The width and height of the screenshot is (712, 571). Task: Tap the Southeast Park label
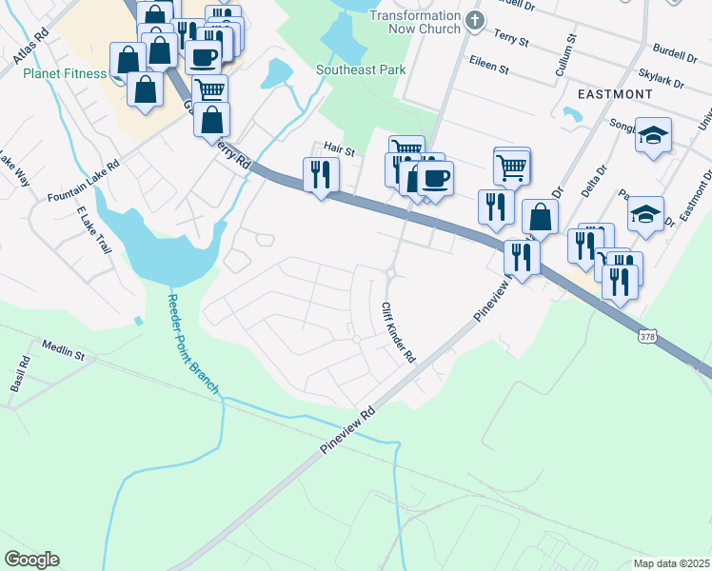361,69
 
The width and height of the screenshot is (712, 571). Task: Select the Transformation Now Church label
414,22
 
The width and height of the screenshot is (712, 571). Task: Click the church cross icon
475,20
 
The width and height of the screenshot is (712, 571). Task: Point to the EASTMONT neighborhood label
615,94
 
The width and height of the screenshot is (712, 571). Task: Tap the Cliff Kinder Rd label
398,333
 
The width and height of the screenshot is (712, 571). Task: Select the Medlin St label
64,350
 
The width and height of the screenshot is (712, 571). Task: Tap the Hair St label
339,149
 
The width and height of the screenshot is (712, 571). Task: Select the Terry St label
511,36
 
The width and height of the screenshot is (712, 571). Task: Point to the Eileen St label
490,69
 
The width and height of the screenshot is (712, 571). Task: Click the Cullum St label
563,56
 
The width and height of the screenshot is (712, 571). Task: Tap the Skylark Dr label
661,78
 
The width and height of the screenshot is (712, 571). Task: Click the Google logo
31,560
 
